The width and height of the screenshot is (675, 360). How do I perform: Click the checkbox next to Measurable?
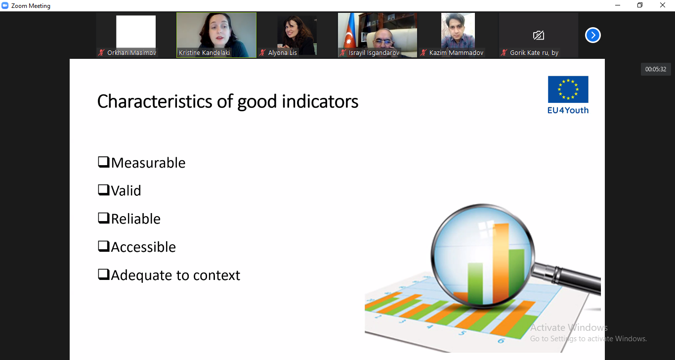coord(104,162)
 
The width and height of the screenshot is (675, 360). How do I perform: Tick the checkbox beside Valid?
coord(104,190)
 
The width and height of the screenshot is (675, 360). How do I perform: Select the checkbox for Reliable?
coord(104,218)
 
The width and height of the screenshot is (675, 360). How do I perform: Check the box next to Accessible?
coord(104,246)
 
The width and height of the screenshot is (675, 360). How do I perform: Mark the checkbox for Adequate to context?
coord(104,274)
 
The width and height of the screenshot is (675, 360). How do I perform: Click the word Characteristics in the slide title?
coord(155,101)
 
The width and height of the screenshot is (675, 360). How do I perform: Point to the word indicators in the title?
coord(320,101)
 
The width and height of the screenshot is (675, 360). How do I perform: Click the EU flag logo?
coord(568,89)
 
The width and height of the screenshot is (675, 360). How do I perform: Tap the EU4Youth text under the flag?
coord(568,110)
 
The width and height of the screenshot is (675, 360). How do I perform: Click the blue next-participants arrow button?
coord(593,35)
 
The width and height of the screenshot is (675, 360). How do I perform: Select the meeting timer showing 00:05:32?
coord(656,69)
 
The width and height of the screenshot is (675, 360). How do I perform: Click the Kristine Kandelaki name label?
coord(204,53)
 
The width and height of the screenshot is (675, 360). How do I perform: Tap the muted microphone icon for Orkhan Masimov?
coord(102,53)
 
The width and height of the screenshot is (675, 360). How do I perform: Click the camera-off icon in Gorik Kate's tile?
coord(539,35)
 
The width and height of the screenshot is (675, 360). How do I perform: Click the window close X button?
coord(663,5)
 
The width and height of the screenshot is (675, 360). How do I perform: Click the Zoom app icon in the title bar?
coord(5,6)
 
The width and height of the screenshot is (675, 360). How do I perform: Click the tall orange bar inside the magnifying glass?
coord(501,262)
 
